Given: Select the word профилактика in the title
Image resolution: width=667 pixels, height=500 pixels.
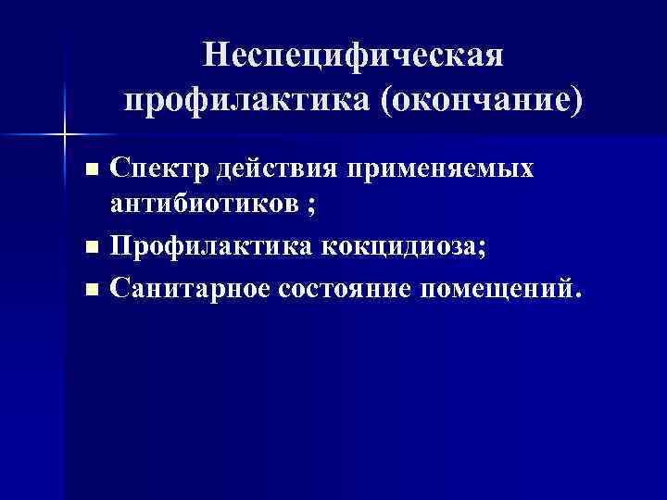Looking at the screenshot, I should (x=244, y=99).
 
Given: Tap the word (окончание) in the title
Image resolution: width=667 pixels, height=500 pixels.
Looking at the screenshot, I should (x=482, y=99).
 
